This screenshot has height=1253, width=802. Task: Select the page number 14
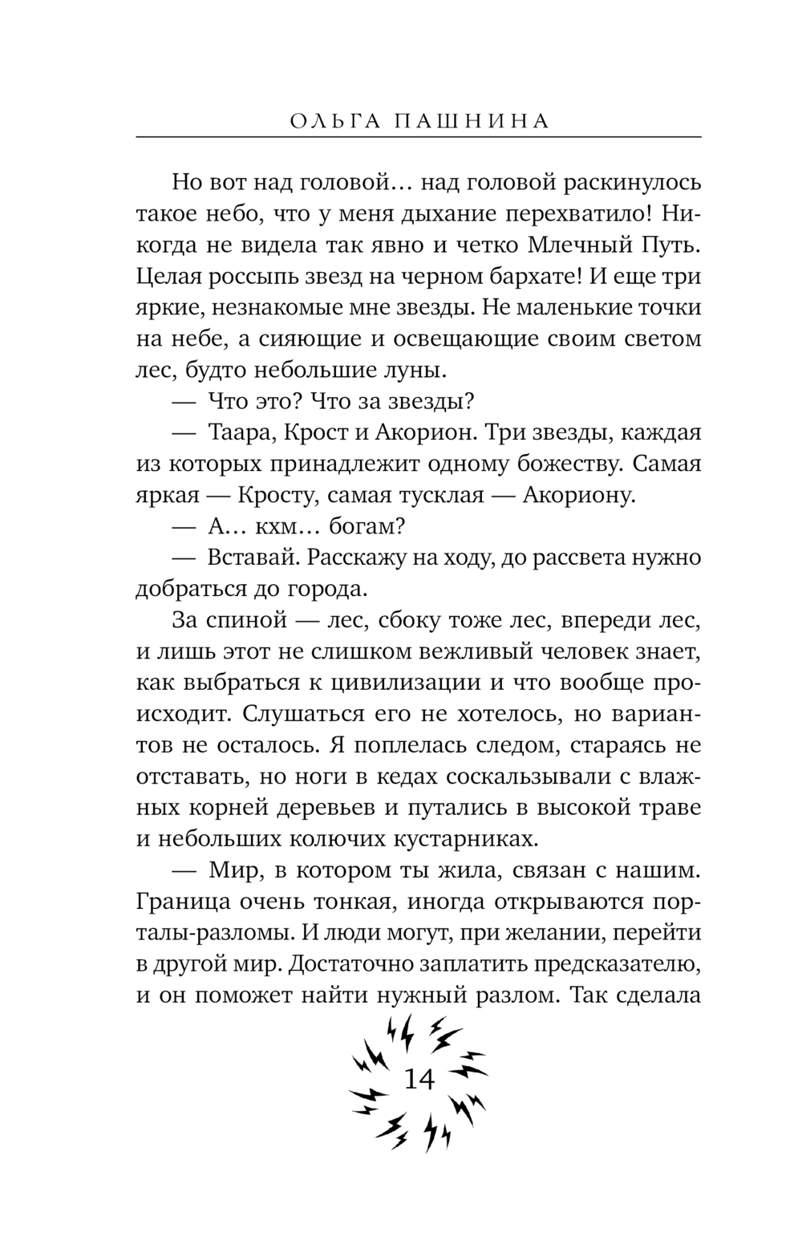point(419,1080)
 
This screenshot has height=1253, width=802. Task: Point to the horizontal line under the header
point(419,138)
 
